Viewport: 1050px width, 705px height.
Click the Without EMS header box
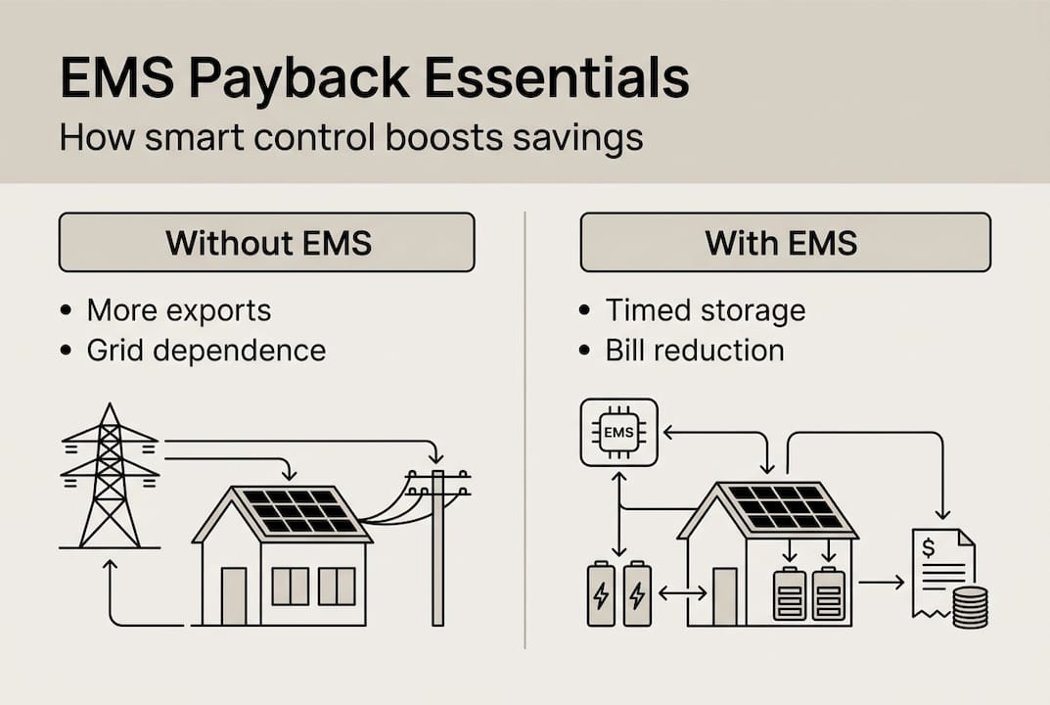pyautogui.click(x=266, y=242)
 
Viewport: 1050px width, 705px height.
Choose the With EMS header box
pyautogui.click(x=785, y=242)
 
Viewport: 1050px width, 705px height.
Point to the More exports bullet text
pyautogui.click(x=178, y=310)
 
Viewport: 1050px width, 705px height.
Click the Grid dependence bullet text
pyautogui.click(x=205, y=351)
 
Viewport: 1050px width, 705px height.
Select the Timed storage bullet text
pyautogui.click(x=705, y=310)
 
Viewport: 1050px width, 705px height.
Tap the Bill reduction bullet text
pyautogui.click(x=694, y=351)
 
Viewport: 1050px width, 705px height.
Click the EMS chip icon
pyautogui.click(x=618, y=432)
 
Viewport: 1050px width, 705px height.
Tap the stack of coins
pyautogui.click(x=969, y=608)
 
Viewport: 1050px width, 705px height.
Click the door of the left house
pyautogui.click(x=234, y=595)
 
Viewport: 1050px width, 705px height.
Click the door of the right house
pyautogui.click(x=724, y=595)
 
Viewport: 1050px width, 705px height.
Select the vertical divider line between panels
pyautogui.click(x=525, y=431)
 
